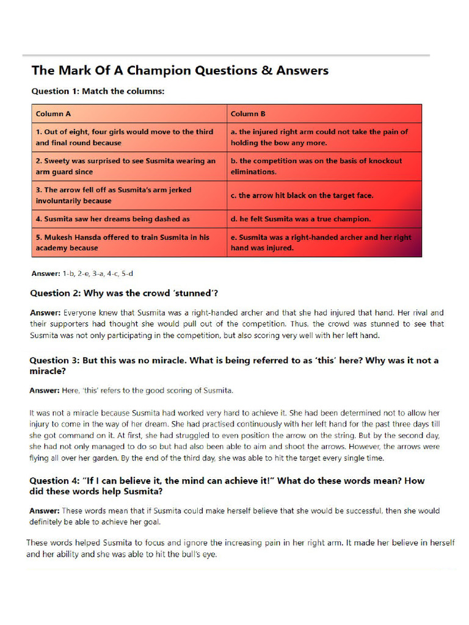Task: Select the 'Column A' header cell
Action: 53,114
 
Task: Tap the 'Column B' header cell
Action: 248,114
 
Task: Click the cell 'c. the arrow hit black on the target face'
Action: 302,195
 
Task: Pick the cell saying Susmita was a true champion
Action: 300,219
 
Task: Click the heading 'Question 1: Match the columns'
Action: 98,91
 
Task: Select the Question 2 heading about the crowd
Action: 124,293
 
